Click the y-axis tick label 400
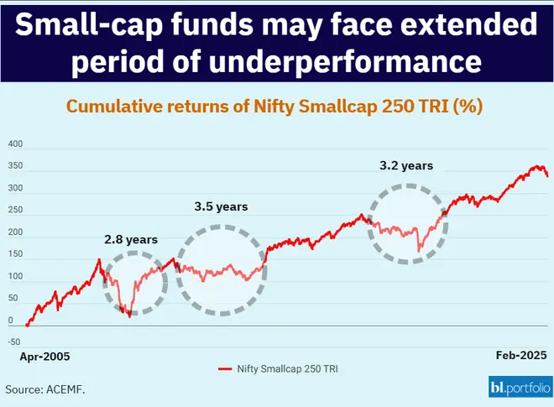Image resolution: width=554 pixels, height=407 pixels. (15, 145)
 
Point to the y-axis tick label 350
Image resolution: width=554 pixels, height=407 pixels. (15, 168)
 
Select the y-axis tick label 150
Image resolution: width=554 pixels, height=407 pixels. (15, 255)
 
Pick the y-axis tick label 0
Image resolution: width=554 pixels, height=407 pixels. (10, 321)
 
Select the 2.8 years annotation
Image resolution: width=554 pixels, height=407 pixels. (131, 239)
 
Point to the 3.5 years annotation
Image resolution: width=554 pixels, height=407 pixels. (222, 206)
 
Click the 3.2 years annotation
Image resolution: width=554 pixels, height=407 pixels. (406, 165)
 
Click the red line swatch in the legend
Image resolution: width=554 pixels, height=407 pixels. (224, 369)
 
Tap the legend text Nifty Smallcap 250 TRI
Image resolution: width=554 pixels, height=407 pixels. (287, 369)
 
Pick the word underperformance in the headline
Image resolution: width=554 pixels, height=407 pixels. (351, 61)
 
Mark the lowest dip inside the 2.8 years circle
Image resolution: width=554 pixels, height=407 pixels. (129, 316)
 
